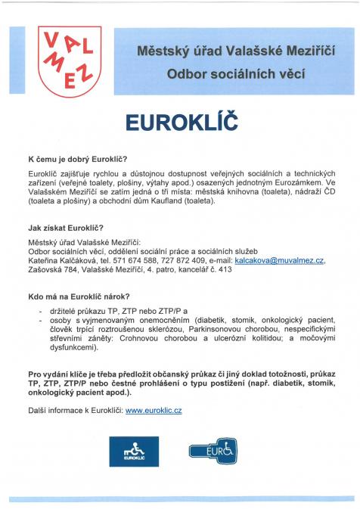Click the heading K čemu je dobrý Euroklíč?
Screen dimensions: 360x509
[78, 160]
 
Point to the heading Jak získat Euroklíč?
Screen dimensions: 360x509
[65, 228]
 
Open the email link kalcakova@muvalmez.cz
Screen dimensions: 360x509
[279, 260]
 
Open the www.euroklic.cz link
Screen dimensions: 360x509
[154, 410]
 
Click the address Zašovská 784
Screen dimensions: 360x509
[54, 269]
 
